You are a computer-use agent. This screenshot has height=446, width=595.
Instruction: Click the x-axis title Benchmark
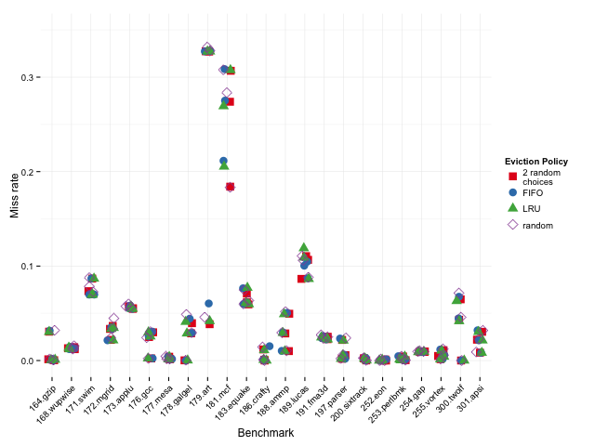pyautogui.click(x=265, y=433)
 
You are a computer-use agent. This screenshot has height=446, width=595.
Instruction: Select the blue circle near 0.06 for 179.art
pyautogui.click(x=209, y=304)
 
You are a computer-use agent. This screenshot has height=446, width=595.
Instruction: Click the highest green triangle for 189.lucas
pyautogui.click(x=303, y=247)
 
